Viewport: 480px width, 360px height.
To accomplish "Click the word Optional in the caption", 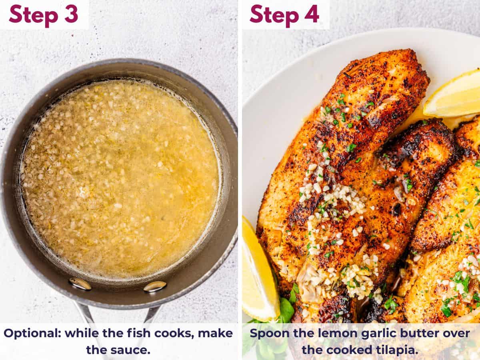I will [x=32, y=333].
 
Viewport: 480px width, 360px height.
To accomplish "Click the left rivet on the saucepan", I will [x=80, y=284].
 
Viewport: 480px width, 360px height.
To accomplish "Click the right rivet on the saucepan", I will [x=155, y=286].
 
